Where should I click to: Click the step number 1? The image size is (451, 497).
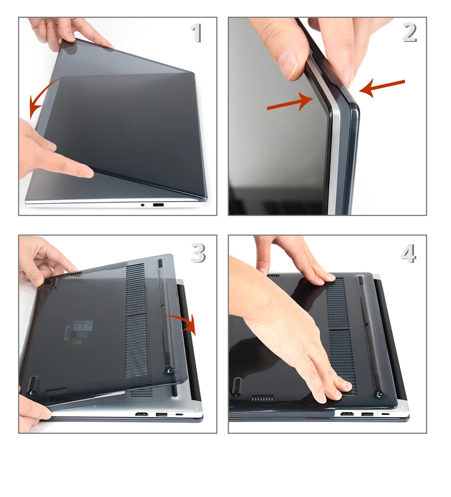click(197, 33)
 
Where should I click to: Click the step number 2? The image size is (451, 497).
click(410, 32)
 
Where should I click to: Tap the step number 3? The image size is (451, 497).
click(198, 253)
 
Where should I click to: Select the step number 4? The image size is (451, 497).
click(409, 253)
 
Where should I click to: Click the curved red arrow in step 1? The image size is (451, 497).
click(40, 92)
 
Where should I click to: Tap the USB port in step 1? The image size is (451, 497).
click(158, 205)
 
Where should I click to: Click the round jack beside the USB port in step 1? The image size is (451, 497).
click(143, 205)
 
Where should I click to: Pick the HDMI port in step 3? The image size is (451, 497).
click(142, 414)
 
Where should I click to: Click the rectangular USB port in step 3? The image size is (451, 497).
click(161, 414)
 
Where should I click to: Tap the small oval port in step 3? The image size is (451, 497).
click(179, 414)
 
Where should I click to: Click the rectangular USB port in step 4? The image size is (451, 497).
click(367, 414)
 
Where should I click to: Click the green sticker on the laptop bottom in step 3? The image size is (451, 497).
click(77, 342)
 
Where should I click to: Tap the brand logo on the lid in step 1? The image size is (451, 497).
click(122, 126)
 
